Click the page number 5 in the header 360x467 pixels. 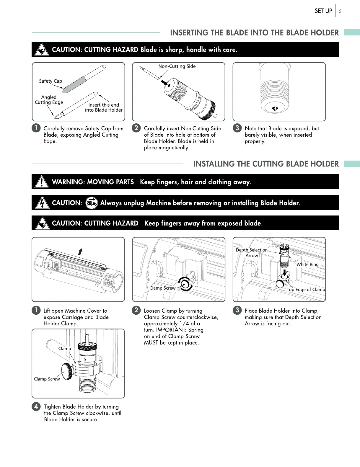[x=340, y=11]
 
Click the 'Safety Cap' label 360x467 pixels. [x=51, y=81]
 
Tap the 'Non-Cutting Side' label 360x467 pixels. [x=177, y=66]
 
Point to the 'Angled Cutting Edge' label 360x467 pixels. [x=49, y=100]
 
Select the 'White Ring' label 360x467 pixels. [x=307, y=264]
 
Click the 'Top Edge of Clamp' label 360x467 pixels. [x=306, y=290]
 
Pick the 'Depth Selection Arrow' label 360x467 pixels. [x=252, y=253]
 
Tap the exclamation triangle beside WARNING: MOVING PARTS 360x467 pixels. [x=42, y=182]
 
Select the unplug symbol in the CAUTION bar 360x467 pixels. [x=92, y=203]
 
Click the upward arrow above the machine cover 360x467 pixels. [x=80, y=252]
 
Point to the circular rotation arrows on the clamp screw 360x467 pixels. [x=185, y=284]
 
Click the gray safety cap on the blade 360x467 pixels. [x=74, y=85]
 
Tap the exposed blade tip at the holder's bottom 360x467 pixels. [x=275, y=109]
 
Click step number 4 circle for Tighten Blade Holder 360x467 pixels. [x=36, y=406]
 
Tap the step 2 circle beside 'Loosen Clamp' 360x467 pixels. [x=136, y=310]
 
